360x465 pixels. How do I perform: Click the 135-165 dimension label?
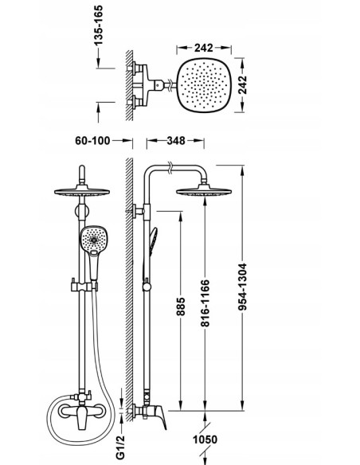point(99,25)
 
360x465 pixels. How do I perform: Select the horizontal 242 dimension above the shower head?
point(204,48)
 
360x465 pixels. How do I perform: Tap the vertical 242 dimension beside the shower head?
point(243,85)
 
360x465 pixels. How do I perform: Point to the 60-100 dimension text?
point(92,140)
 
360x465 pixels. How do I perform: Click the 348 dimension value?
point(176,140)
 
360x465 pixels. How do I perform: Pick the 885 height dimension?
point(181,307)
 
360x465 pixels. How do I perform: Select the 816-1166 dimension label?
point(205,303)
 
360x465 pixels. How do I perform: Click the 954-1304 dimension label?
point(243,287)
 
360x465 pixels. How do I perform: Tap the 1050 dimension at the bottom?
point(205,440)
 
